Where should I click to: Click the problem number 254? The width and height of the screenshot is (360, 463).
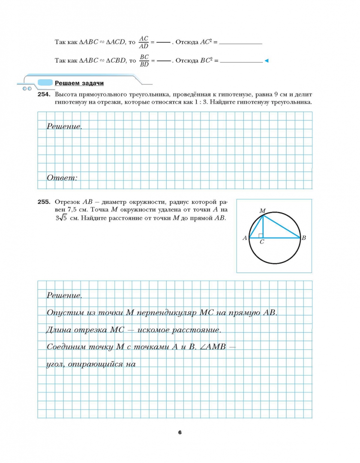click(45, 93)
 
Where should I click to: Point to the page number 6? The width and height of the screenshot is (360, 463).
click(180, 432)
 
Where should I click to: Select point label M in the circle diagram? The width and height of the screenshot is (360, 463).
click(262, 210)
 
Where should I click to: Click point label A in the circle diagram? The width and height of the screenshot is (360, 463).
click(245, 238)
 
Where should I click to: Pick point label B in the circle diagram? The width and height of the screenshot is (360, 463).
click(303, 238)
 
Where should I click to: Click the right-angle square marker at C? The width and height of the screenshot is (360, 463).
click(261, 235)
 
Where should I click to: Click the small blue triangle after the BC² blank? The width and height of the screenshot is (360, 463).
click(266, 61)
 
